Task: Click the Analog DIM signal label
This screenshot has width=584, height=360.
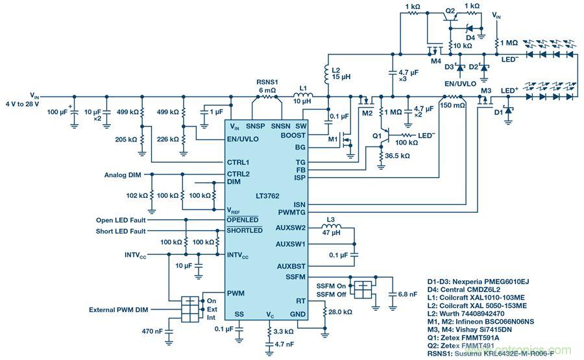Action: click(123, 174)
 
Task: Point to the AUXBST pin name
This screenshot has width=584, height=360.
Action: click(291, 266)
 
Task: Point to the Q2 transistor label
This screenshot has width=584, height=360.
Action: click(450, 11)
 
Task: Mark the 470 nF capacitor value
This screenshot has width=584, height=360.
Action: click(154, 331)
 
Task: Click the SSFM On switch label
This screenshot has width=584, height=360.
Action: click(331, 286)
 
